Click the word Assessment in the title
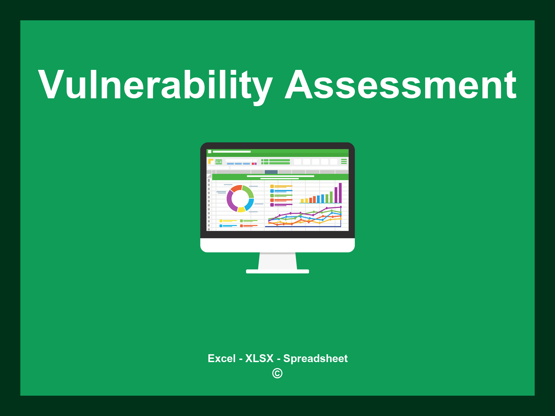pos(401,85)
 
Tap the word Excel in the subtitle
pos(221,359)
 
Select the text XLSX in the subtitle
pos(259,359)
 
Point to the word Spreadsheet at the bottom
pos(315,359)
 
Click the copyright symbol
pos(277,373)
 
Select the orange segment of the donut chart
pos(236,188)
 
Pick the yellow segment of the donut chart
pos(241,209)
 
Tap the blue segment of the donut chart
pos(250,204)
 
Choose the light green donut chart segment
pos(249,191)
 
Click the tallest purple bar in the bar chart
pos(340,193)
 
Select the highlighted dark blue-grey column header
pos(271,172)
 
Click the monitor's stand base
pos(277,271)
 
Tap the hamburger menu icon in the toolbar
pos(344,161)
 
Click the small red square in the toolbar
pos(253,164)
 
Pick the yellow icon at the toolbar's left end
pos(211,161)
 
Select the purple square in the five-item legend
pos(272,205)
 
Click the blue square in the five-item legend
pos(272,191)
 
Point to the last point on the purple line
pos(341,207)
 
